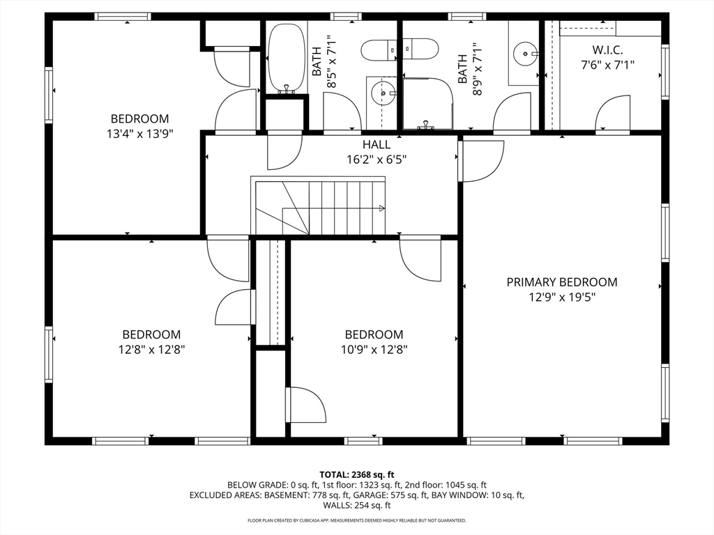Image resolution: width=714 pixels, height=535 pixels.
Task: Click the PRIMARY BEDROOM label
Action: [561, 282]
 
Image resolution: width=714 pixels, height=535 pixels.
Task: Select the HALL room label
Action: [376, 145]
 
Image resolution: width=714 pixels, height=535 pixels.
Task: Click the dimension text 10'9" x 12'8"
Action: [374, 349]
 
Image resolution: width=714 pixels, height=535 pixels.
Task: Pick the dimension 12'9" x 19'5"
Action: [561, 297]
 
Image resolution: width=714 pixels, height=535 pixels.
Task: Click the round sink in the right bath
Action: [524, 53]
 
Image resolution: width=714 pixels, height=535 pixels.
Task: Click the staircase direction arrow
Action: [381, 208]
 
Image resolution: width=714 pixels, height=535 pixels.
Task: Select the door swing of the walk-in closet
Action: [611, 113]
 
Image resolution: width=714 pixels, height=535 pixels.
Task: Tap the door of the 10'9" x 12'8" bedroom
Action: [421, 258]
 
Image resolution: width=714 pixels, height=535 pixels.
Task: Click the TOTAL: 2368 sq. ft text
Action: [356, 474]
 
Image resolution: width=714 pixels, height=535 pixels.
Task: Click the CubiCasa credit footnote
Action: [356, 520]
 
